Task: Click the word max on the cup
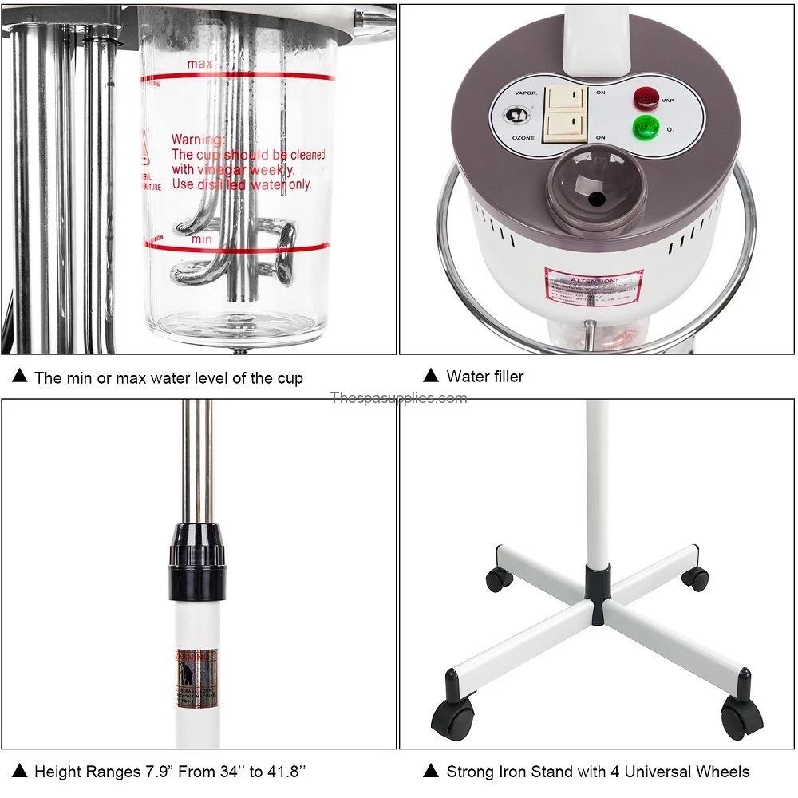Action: (200, 63)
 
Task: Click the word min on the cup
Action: (200, 238)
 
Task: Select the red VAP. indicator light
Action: (643, 99)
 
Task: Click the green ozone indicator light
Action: (643, 128)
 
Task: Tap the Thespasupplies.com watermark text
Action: (398, 397)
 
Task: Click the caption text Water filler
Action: (485, 376)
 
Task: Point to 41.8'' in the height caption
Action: (281, 772)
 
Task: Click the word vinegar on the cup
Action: (228, 170)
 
